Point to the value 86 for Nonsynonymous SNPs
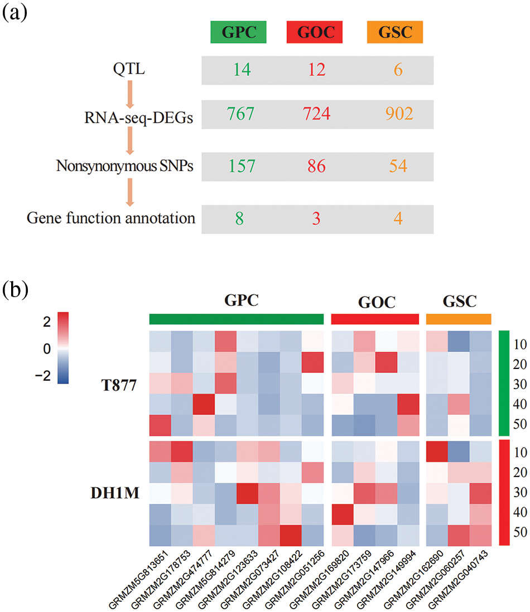click(x=316, y=166)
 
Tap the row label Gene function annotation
click(x=111, y=218)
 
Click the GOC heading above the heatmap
click(x=375, y=302)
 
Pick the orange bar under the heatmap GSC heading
click(x=458, y=319)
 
